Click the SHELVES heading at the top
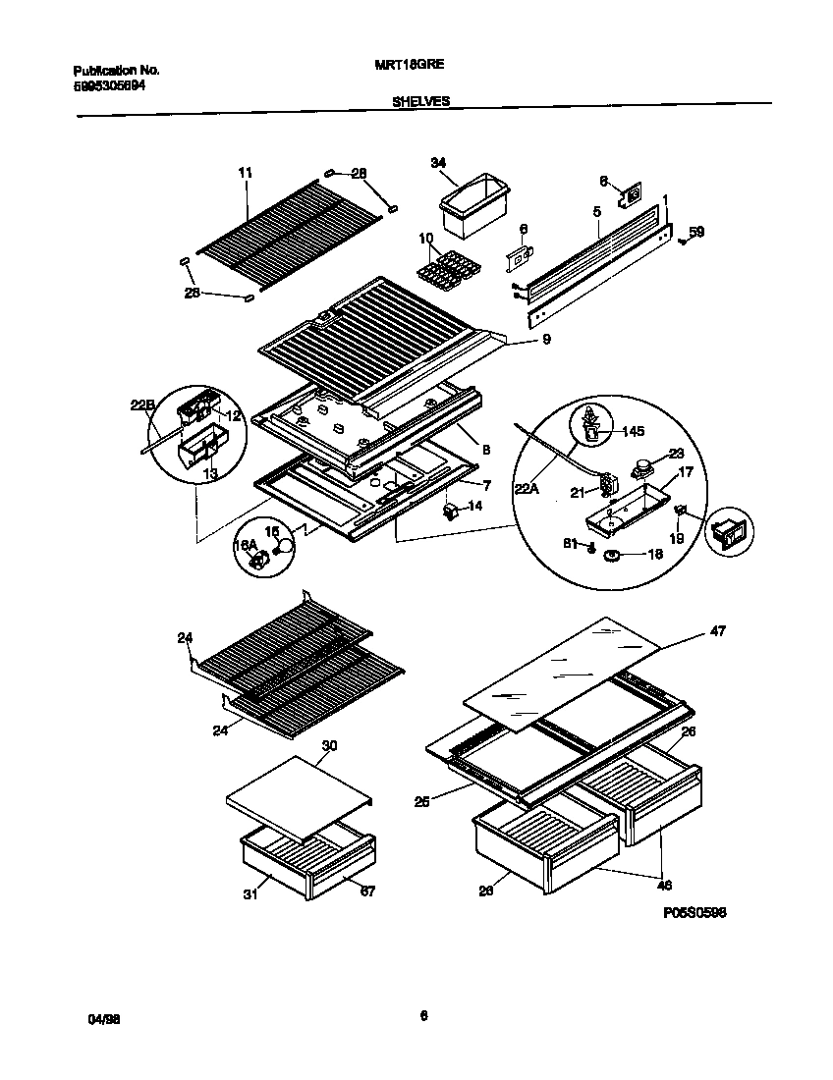click(421, 101)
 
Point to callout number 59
click(696, 233)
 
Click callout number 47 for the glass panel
click(717, 631)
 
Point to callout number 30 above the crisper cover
click(330, 745)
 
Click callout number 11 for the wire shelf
click(246, 173)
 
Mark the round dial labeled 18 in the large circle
click(614, 557)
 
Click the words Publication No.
click(116, 71)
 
